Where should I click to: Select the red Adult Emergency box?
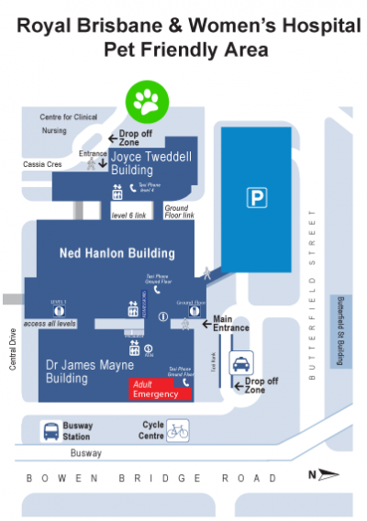161,389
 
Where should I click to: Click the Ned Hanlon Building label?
117,253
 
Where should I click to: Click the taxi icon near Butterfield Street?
241,362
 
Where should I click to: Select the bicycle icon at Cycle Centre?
177,429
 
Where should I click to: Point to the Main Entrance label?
231,324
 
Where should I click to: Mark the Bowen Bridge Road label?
150,478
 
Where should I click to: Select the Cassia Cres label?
41,164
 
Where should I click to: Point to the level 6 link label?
129,216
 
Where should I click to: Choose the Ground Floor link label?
178,213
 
